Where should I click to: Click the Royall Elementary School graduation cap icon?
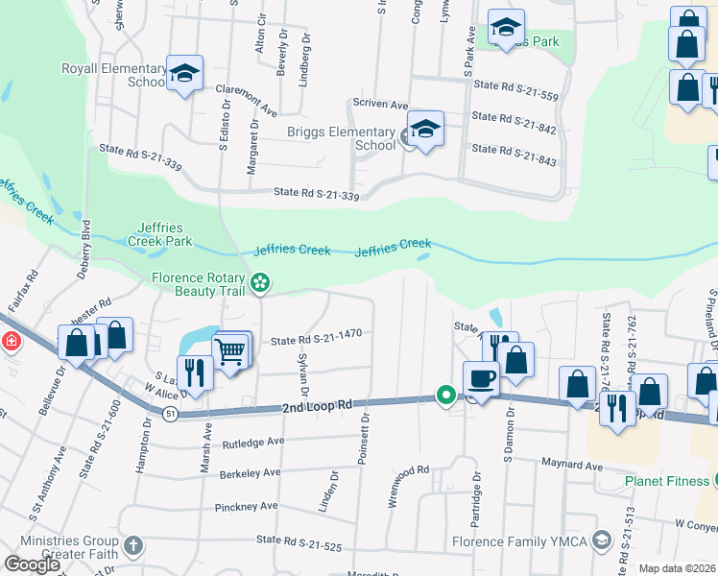[185, 73]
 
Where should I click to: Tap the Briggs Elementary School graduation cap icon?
[425, 128]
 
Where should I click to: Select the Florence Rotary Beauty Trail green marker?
[259, 282]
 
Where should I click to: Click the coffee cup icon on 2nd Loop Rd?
[481, 377]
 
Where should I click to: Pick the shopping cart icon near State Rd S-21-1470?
[230, 351]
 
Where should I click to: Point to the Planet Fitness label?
[663, 481]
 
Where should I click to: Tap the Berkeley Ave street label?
[248, 472]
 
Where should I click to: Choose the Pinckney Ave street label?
[246, 506]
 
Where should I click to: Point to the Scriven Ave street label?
[380, 104]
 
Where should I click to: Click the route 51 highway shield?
[170, 413]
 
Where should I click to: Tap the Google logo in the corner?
[33, 564]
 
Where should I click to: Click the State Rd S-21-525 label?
[299, 540]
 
